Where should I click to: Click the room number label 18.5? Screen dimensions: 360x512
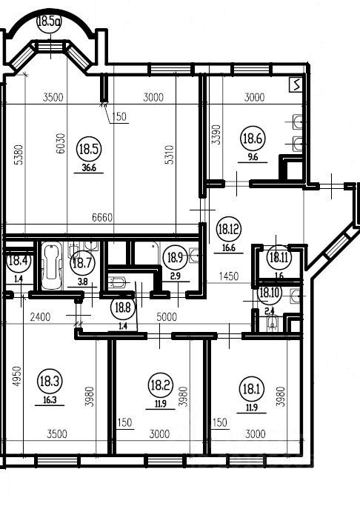click(x=89, y=149)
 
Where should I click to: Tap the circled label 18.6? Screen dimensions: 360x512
click(x=253, y=139)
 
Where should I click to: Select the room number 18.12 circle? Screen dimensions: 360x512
click(x=229, y=229)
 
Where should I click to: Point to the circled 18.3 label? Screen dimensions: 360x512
click(x=50, y=381)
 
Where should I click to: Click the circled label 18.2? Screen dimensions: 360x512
click(x=160, y=385)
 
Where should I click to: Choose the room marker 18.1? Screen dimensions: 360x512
click(x=252, y=389)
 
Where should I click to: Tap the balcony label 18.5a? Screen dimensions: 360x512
click(x=50, y=22)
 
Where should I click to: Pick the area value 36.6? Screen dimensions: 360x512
click(x=88, y=168)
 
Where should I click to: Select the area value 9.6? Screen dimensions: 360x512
click(x=253, y=157)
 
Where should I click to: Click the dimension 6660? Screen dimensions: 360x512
click(x=102, y=217)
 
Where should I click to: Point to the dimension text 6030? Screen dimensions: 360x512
click(x=61, y=143)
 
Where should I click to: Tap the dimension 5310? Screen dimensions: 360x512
click(x=170, y=155)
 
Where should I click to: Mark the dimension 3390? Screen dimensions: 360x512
click(x=216, y=135)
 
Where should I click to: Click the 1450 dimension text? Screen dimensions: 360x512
click(x=229, y=276)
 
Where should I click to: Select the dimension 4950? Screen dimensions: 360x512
click(x=17, y=376)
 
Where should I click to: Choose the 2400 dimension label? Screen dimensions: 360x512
click(x=40, y=316)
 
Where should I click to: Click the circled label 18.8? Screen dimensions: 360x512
click(x=123, y=308)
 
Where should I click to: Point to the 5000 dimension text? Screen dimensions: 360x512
click(x=167, y=316)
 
